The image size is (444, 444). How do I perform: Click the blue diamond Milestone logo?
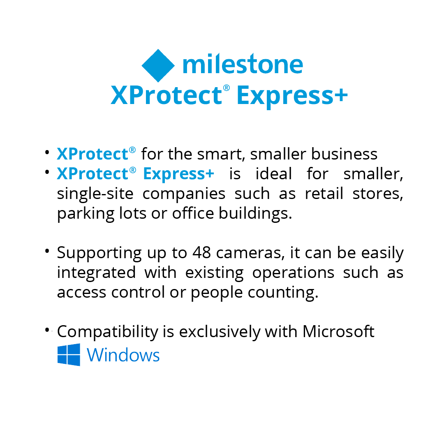[x=158, y=65]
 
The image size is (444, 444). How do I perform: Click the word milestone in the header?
[x=243, y=64]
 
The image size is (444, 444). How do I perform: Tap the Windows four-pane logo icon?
[x=69, y=355]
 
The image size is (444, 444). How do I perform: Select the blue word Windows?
[x=123, y=355]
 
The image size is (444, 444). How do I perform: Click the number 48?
[x=201, y=252]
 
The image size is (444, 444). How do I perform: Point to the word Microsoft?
[x=338, y=331]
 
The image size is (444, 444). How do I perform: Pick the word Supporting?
[x=99, y=253]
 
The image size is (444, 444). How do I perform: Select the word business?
[x=345, y=154]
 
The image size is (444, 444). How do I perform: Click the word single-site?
[x=95, y=194]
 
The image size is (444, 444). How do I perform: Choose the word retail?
[x=324, y=194]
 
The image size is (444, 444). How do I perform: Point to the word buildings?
[x=255, y=214]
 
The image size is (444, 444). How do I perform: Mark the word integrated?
[x=96, y=273]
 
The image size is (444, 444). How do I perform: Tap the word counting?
[x=283, y=293]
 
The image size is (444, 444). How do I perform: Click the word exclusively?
[x=220, y=332]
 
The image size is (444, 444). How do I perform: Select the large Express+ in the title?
[x=292, y=96]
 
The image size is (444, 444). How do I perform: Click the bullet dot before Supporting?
[x=47, y=251]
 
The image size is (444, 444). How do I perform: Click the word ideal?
[x=273, y=173]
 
